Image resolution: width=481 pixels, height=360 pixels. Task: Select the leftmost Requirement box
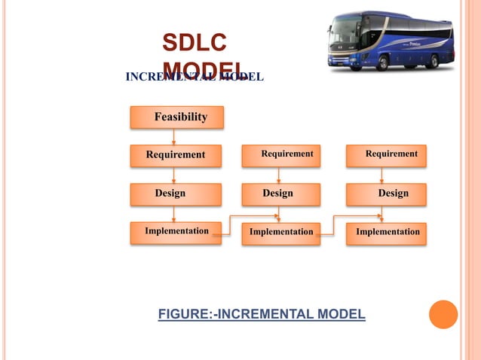point(176,155)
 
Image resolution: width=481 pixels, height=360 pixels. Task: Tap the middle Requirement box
point(280,155)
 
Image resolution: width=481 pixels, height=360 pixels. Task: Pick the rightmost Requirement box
point(386,155)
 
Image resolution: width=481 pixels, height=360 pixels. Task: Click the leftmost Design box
point(176,194)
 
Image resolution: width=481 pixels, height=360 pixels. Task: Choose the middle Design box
point(280,194)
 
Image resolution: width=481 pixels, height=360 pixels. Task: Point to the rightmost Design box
point(386,194)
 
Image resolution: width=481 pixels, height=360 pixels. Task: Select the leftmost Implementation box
point(176,232)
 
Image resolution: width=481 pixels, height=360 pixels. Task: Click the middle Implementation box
point(280,233)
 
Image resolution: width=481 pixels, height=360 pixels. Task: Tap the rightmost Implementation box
point(386,233)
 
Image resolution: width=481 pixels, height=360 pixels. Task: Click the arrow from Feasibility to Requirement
point(174,136)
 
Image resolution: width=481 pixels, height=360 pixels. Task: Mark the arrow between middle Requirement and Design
point(279,175)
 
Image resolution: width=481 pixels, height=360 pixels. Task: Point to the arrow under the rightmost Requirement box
point(381,175)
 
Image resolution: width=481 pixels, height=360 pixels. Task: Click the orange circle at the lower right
point(443,314)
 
